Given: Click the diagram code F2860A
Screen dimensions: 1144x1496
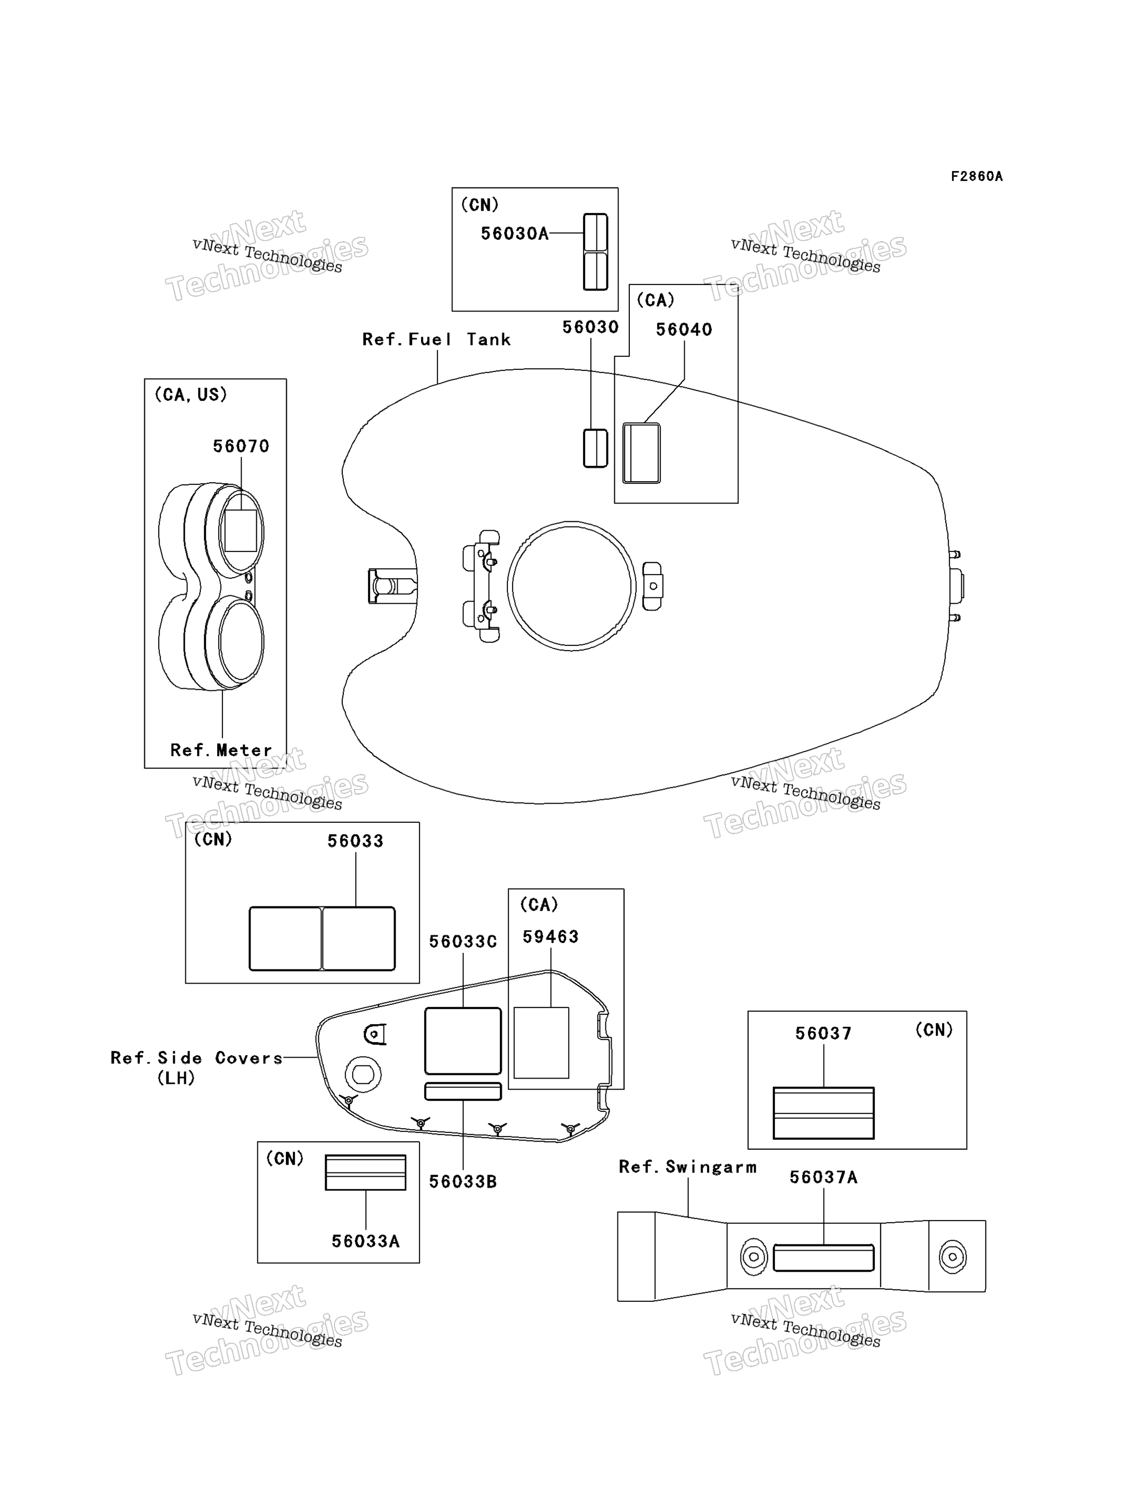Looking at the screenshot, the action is pyautogui.click(x=976, y=176).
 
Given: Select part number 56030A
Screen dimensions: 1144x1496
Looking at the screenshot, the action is pyautogui.click(x=515, y=234).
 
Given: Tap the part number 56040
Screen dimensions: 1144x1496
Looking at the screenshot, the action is pyautogui.click(x=684, y=330).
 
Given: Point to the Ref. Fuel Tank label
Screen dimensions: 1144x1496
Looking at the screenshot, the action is pyautogui.click(x=436, y=339).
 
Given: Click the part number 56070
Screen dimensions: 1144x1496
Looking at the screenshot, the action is pyautogui.click(x=241, y=446).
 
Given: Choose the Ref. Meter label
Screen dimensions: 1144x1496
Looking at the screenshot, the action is pyautogui.click(x=221, y=750).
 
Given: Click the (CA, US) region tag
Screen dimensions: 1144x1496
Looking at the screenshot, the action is pyautogui.click(x=190, y=394).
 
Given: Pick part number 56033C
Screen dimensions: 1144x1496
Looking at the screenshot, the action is pyautogui.click(x=463, y=941).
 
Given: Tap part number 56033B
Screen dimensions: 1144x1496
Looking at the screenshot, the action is pyautogui.click(x=463, y=1181).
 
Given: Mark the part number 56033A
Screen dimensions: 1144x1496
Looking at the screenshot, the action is pyautogui.click(x=366, y=1241).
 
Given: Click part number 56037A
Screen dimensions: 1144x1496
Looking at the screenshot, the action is pyautogui.click(x=823, y=1177).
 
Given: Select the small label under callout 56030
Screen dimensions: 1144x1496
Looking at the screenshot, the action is pyautogui.click(x=595, y=448).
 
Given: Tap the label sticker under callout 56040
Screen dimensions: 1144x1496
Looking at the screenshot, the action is pyautogui.click(x=641, y=453).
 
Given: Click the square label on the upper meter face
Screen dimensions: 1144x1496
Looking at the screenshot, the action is pyautogui.click(x=241, y=531).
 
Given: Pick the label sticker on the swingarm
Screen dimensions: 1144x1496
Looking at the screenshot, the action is pyautogui.click(x=823, y=1258).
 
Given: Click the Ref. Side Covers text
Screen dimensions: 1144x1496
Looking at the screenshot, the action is pyautogui.click(x=197, y=1058).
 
